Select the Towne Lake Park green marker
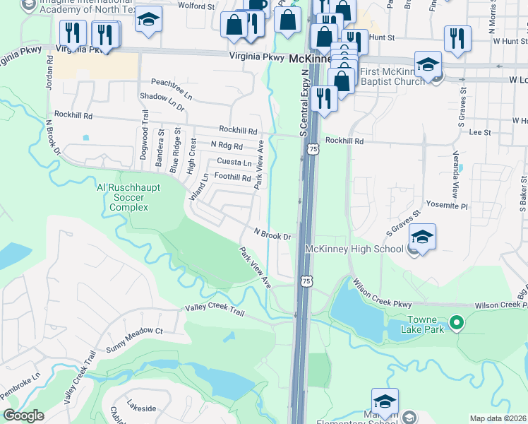click(457, 324)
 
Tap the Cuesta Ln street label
click(234, 163)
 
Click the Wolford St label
click(197, 6)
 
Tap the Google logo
click(23, 416)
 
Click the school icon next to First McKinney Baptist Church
click(428, 65)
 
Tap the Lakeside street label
click(140, 408)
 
